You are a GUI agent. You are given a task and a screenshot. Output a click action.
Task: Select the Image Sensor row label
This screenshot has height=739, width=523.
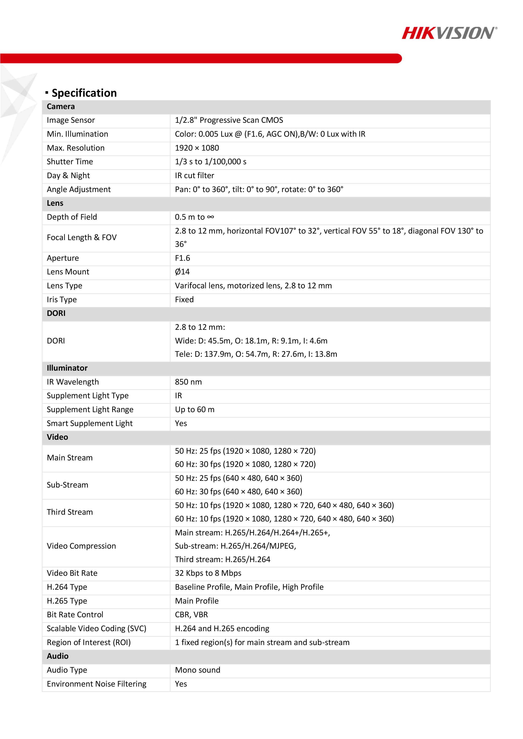(x=71, y=120)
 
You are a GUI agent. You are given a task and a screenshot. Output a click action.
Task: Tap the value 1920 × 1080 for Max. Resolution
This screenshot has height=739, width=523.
(x=197, y=148)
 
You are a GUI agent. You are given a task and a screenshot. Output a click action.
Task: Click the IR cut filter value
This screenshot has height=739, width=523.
(x=194, y=176)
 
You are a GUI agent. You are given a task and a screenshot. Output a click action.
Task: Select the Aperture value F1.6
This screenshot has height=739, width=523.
(x=182, y=258)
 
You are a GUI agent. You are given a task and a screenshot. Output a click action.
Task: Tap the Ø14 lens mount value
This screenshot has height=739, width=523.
(x=182, y=272)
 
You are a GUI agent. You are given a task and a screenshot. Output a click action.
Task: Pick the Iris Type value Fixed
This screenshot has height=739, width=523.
(x=184, y=300)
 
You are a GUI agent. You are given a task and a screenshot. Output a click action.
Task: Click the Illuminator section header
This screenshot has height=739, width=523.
(x=67, y=368)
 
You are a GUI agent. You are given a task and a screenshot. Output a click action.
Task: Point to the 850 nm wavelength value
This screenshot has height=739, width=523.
(x=188, y=382)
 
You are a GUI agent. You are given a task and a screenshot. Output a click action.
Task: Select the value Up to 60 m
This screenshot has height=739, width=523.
(x=195, y=410)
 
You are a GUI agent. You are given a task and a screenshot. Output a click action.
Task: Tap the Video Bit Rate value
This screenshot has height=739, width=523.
(x=208, y=573)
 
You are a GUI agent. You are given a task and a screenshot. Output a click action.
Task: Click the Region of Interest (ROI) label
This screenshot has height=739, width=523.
(x=89, y=643)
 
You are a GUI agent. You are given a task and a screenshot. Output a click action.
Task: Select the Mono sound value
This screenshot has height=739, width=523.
(x=198, y=670)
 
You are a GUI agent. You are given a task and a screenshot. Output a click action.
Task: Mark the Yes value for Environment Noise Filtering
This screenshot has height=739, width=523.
(x=181, y=684)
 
